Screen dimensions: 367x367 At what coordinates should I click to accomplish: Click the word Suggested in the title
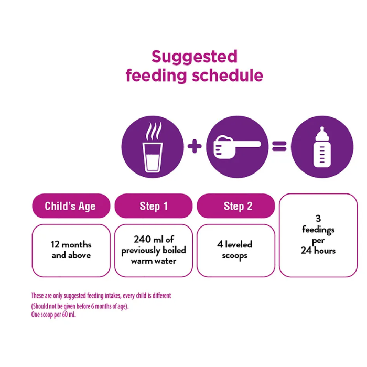click(195, 57)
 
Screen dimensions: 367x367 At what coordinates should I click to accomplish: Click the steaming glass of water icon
click(153, 147)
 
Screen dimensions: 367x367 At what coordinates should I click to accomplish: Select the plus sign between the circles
click(195, 146)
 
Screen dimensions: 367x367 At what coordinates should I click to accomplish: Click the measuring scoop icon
click(237, 147)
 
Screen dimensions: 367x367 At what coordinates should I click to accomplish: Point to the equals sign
click(279, 146)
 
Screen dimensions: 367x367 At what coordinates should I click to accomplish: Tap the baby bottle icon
click(322, 147)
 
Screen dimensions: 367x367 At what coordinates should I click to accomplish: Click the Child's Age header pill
click(71, 206)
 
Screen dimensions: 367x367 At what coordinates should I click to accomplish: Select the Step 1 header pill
click(154, 206)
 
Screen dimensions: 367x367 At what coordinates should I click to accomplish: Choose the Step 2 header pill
click(236, 206)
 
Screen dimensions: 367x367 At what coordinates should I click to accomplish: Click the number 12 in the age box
click(55, 245)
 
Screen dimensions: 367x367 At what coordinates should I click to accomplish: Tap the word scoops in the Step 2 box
click(234, 256)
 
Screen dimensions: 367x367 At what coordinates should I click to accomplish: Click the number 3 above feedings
click(318, 219)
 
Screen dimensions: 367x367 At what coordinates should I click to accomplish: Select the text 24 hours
click(318, 251)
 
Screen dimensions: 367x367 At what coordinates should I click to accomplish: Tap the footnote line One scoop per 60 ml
click(53, 315)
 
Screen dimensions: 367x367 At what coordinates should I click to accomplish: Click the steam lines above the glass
click(154, 131)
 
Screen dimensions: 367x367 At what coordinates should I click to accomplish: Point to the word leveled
click(239, 244)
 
